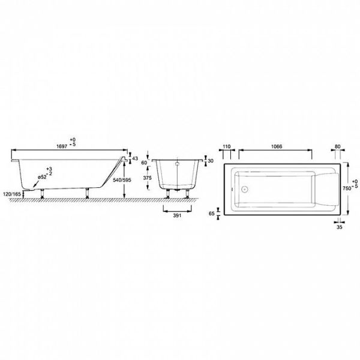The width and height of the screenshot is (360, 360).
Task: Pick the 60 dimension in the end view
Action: [144, 163]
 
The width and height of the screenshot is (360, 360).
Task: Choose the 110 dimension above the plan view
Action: [227, 146]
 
